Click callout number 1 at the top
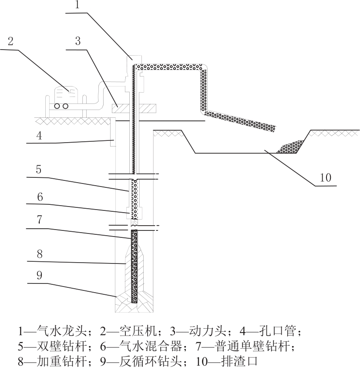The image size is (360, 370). click(x=77, y=5)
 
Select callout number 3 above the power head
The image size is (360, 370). click(x=78, y=41)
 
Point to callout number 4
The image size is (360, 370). click(x=39, y=136)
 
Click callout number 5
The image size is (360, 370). click(x=38, y=170)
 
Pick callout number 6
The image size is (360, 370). click(x=40, y=197)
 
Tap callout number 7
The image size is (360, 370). click(x=40, y=220)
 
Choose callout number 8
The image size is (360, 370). click(x=40, y=254)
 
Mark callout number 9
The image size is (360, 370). click(x=40, y=275)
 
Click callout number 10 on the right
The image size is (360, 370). click(x=326, y=177)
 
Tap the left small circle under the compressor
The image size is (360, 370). click(x=57, y=106)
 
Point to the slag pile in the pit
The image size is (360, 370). click(x=290, y=147)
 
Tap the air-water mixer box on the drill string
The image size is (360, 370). click(x=135, y=213)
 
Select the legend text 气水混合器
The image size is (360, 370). click(x=151, y=346)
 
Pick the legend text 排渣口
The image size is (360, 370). click(x=239, y=361)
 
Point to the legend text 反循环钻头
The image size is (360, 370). click(x=151, y=361)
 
